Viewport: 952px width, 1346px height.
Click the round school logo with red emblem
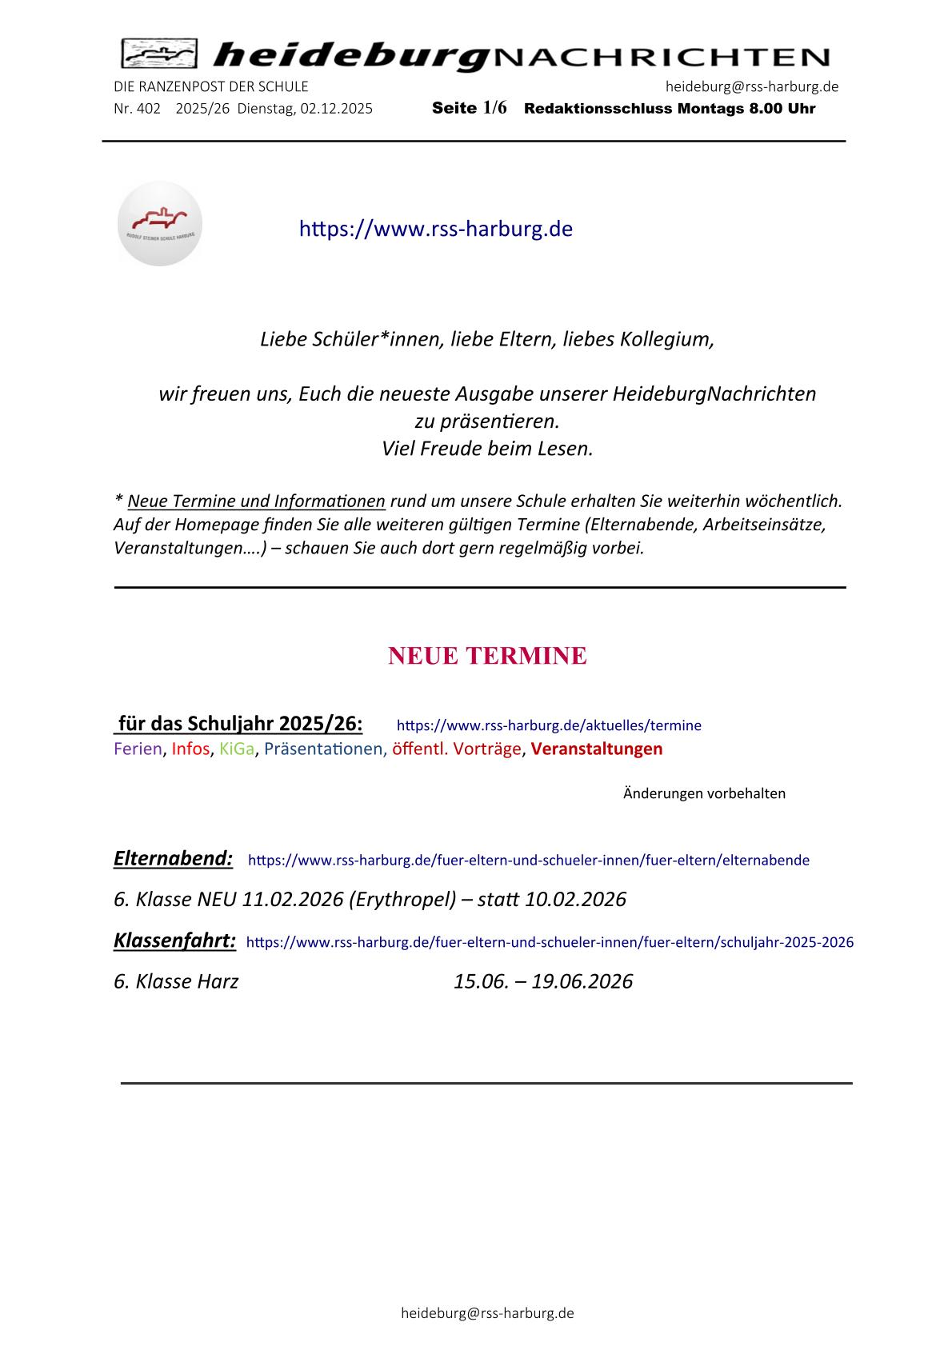tap(160, 224)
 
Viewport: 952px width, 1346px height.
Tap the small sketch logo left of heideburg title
tap(159, 54)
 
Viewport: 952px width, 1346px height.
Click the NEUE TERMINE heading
tap(487, 656)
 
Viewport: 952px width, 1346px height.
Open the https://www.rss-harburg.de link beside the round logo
tap(435, 229)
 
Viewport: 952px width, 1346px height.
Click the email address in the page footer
tap(487, 1313)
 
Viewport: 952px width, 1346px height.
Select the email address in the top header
tap(751, 86)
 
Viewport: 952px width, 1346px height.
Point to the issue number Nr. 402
tap(138, 109)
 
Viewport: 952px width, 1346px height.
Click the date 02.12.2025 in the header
tap(336, 109)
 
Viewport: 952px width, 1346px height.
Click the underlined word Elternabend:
tap(174, 859)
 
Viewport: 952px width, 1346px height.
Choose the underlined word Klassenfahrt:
tap(175, 941)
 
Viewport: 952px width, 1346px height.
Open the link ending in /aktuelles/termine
tap(549, 725)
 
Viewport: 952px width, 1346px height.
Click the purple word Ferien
tap(138, 749)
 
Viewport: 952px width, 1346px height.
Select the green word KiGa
tap(237, 749)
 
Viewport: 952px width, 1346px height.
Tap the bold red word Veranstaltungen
tap(597, 749)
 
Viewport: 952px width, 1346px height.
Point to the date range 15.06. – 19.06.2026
tap(543, 981)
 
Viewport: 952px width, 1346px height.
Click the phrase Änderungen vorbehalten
tap(704, 793)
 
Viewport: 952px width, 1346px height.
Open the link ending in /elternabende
tap(529, 861)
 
